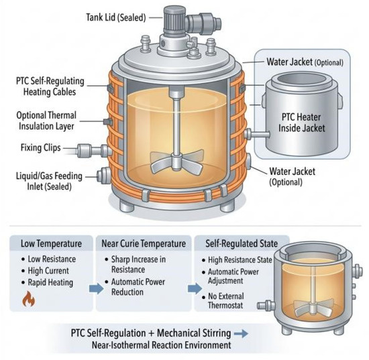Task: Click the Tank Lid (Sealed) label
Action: click(116, 17)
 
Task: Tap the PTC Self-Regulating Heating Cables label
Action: click(50, 86)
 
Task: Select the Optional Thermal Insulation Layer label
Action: click(46, 121)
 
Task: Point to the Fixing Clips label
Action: click(41, 148)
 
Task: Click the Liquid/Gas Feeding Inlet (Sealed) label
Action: click(49, 181)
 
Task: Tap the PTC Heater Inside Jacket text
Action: click(301, 123)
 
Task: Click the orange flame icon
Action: click(28, 298)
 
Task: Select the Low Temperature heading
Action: click(51, 243)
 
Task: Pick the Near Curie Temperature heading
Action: click(144, 243)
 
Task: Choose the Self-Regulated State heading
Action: click(242, 243)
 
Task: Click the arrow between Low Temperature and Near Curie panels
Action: click(96, 288)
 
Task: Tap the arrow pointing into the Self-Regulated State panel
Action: click(195, 288)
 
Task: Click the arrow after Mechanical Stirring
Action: click(241, 333)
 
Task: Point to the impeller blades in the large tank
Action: click(176, 162)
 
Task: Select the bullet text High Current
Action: click(48, 271)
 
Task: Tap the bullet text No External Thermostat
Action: click(226, 301)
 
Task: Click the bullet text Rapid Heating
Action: click(50, 282)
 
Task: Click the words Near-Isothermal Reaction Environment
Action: click(161, 345)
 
